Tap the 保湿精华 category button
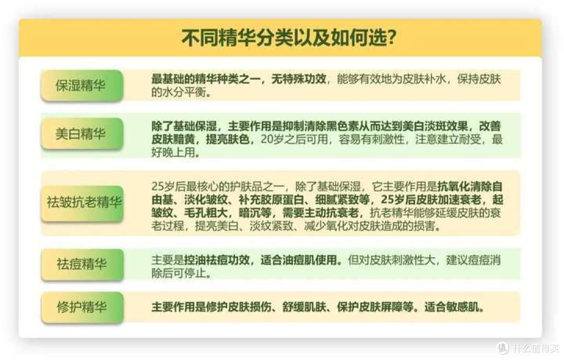click(x=81, y=85)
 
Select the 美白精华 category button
click(x=81, y=133)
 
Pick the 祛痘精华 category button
click(x=81, y=264)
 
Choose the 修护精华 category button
click(x=81, y=307)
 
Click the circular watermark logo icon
click(x=502, y=347)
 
